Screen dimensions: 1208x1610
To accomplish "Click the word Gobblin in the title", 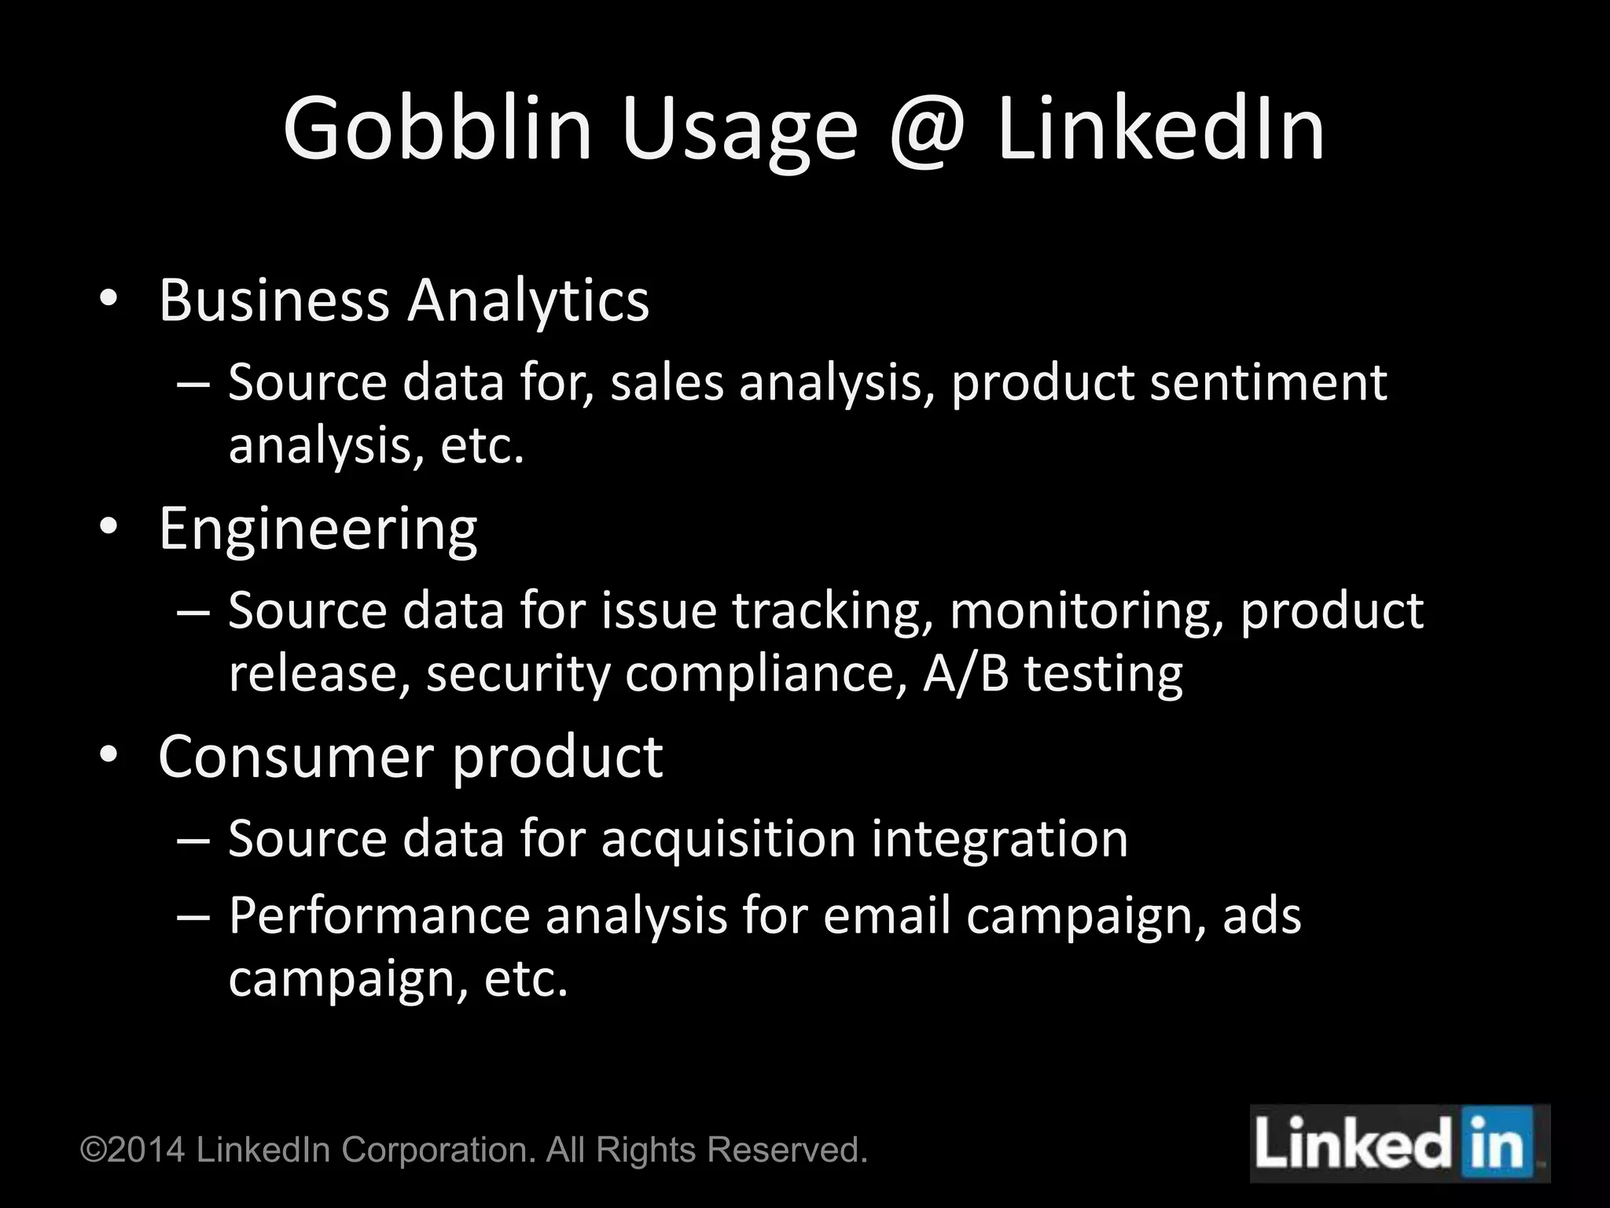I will click(x=436, y=128).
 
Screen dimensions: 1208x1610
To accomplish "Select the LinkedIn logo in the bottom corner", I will click(x=1399, y=1144).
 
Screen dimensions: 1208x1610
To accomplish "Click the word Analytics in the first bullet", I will click(x=527, y=300).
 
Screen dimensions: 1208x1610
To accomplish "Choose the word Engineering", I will click(x=318, y=529).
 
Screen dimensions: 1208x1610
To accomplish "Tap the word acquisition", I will click(x=728, y=838).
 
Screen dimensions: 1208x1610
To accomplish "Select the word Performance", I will click(x=380, y=916).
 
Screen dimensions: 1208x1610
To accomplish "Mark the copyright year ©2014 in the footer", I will click(x=134, y=1150).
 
